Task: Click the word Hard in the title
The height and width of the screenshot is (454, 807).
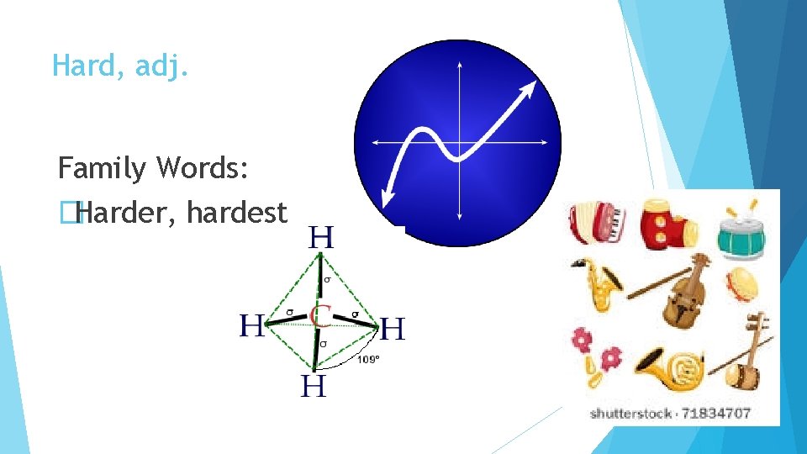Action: tap(82, 65)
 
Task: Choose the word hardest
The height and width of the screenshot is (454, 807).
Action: tap(237, 213)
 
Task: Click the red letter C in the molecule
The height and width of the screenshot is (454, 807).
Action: tap(319, 316)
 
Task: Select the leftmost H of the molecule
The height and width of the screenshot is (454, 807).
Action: tap(251, 325)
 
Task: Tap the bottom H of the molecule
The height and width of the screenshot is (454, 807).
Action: tap(314, 386)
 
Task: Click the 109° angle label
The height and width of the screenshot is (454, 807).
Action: tap(368, 359)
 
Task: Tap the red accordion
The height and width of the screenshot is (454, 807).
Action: tap(596, 223)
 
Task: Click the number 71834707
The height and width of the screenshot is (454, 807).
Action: tap(719, 413)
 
